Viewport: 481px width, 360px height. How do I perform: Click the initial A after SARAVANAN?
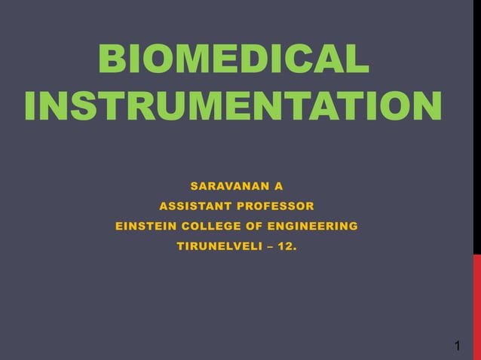tap(278, 185)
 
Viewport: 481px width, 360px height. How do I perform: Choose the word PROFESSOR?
tap(277, 206)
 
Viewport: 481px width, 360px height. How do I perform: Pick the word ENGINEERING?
tap(309, 226)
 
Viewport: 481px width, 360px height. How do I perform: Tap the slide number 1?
tap(458, 346)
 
